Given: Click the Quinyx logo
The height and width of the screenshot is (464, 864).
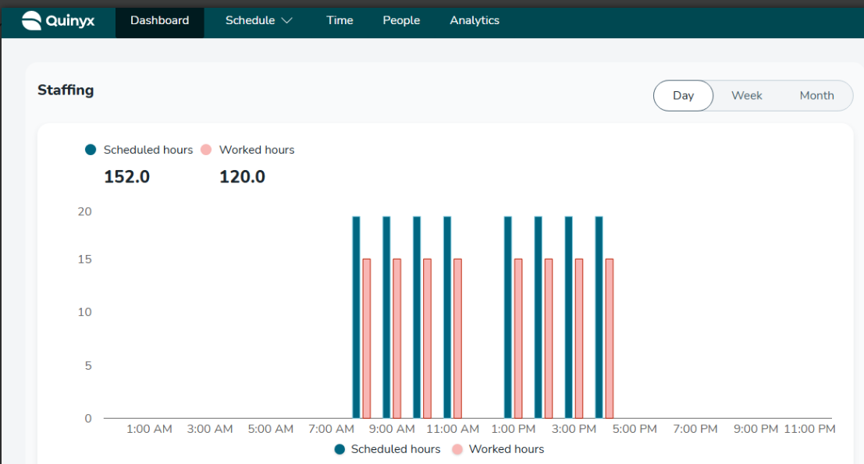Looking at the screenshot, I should pos(58,20).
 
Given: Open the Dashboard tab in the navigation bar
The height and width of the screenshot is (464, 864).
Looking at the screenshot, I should pos(160,20).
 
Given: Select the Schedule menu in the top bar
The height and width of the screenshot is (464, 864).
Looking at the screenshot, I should pos(258,20).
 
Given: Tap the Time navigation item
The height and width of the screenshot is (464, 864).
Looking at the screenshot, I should pos(340,20).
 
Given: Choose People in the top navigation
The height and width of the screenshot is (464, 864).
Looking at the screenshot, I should pos(401,20).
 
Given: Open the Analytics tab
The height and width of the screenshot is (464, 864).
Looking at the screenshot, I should pos(475,20).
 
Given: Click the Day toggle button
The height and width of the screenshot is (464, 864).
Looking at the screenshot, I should pos(683,95).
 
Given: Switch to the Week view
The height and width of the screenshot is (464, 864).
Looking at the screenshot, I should pos(746,95).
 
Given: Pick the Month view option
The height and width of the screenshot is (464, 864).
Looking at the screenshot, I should pos(816,95).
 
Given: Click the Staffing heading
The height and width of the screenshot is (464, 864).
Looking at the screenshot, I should pos(66,90).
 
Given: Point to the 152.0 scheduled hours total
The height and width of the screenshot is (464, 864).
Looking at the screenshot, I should pos(126,177).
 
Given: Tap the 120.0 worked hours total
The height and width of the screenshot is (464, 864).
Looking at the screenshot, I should pos(242,177).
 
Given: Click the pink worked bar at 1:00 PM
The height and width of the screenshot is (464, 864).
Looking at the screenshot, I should pos(518,338).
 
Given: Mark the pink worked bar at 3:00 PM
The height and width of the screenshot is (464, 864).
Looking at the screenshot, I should pos(579,338).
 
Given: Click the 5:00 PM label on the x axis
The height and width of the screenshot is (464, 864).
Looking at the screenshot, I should pos(635,429).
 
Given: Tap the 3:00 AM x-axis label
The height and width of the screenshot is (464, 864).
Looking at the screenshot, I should pos(210,429).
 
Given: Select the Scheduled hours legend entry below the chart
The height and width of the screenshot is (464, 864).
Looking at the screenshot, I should pos(387,449).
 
